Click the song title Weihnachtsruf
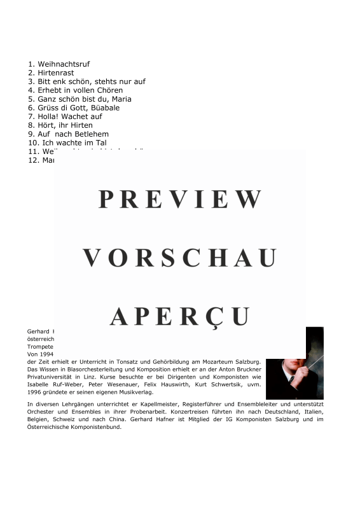[64, 64]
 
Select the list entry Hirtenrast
[55, 73]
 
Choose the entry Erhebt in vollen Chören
[80, 90]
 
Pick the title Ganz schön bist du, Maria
[84, 99]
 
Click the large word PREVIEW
[180, 200]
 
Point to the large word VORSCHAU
[180, 258]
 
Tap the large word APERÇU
[180, 316]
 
